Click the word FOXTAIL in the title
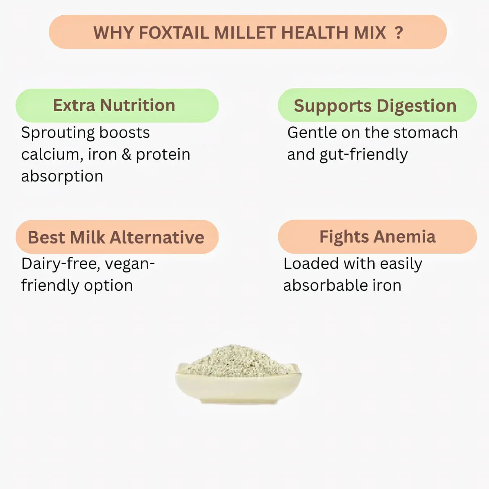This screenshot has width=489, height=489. coord(173,33)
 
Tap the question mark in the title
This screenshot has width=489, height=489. coord(398,33)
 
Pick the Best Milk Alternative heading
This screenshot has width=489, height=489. coord(117,237)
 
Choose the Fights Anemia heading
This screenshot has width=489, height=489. coord(377,236)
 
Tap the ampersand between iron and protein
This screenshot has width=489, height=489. coord(126,154)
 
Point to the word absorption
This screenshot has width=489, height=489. coord(62,176)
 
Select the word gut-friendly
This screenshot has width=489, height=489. coord(363,155)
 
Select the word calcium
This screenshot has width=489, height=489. coord(52,155)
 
